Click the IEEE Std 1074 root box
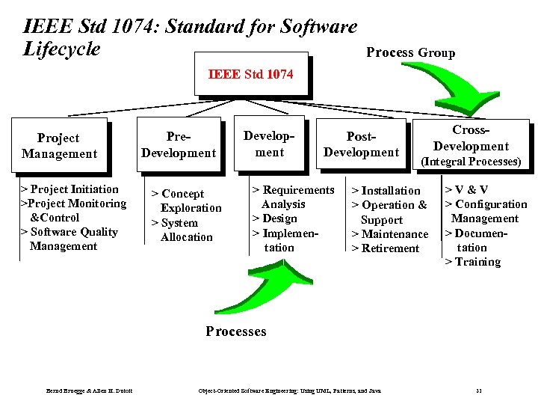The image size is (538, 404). (x=250, y=73)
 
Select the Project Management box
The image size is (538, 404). (x=59, y=146)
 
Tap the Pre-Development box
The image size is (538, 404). (x=178, y=144)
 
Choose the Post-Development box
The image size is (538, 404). (x=361, y=144)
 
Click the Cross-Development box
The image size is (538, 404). (x=471, y=145)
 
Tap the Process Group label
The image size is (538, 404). (x=410, y=52)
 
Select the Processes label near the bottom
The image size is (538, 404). (x=235, y=331)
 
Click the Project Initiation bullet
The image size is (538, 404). (x=69, y=189)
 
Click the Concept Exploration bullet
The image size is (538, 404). (x=187, y=201)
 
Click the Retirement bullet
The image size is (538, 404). (x=385, y=248)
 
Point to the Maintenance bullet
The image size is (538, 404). (x=389, y=234)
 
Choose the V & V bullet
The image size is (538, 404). (x=467, y=190)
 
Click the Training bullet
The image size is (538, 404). (x=473, y=262)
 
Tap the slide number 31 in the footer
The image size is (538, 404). (x=479, y=391)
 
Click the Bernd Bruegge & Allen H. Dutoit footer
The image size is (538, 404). (x=89, y=391)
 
